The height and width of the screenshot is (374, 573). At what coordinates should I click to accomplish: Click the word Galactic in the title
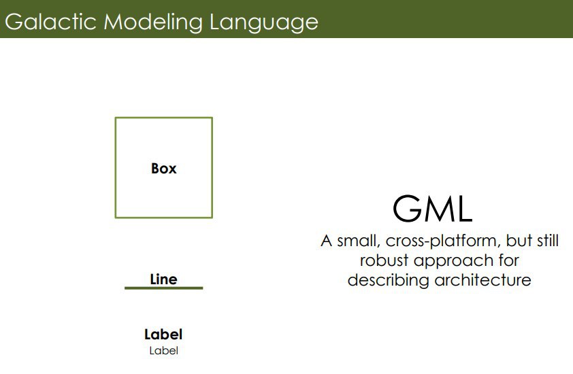click(50, 22)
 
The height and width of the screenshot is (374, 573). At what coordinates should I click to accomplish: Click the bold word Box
click(164, 169)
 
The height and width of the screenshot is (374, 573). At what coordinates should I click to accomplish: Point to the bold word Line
click(164, 279)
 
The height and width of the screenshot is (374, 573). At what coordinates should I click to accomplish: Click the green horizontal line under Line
click(164, 288)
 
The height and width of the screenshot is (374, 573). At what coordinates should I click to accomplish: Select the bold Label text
click(163, 334)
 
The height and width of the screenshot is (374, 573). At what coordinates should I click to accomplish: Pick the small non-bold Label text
click(164, 351)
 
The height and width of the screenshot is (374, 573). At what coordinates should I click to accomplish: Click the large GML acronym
click(433, 209)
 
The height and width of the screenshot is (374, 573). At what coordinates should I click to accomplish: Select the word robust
click(384, 260)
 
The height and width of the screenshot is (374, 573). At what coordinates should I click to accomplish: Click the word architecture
click(482, 280)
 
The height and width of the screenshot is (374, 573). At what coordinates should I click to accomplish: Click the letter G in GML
click(406, 209)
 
